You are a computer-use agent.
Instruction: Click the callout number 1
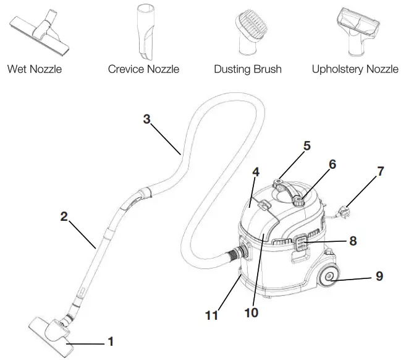[111, 340]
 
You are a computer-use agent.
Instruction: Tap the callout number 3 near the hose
[146, 119]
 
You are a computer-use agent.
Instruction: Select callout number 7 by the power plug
[380, 171]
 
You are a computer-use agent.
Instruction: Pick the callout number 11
[213, 315]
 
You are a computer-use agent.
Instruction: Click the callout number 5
[307, 147]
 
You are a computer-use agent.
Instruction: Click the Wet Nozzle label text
[35, 69]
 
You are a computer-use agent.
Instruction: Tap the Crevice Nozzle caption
[143, 69]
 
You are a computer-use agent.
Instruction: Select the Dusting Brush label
[247, 69]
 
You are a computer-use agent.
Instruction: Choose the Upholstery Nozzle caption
[355, 69]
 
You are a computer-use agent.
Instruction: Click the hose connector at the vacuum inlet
[237, 253]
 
